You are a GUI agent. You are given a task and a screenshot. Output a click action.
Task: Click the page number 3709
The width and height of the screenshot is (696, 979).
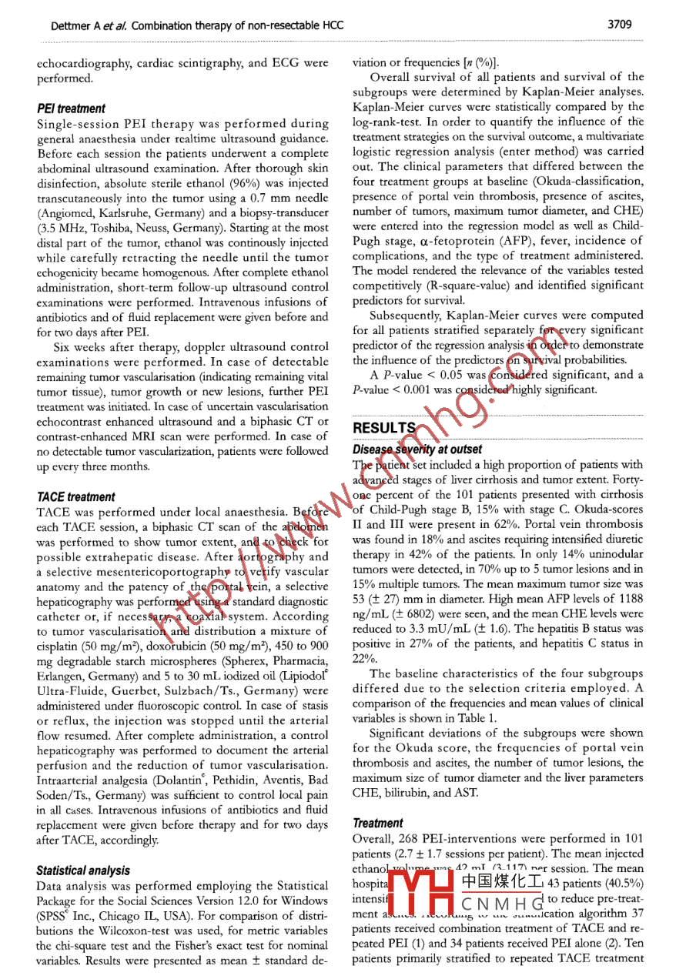point(621,25)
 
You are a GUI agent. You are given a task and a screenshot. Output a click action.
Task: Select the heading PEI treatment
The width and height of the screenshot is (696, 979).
point(71,109)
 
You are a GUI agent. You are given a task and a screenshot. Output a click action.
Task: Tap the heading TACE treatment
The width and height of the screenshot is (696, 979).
point(75,497)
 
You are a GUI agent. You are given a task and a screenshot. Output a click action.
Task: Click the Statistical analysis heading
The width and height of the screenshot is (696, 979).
point(83,870)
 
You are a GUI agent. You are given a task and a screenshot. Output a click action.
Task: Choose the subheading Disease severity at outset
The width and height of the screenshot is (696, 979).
point(417,449)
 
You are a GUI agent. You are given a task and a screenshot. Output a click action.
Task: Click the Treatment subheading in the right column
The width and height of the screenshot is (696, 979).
point(377,823)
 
